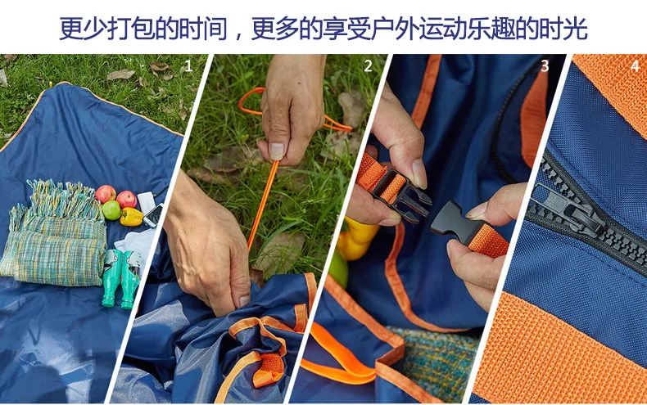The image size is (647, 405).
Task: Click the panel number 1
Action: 188,66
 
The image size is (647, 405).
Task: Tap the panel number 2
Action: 368,66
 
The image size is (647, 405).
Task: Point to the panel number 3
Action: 545,66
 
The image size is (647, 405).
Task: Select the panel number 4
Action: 636,66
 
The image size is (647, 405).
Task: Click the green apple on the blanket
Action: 111,210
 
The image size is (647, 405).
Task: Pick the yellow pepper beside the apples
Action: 131,217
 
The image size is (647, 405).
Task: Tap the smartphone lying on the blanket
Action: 152,215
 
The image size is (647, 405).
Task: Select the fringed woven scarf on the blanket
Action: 56,234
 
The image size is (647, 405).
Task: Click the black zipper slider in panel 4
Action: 565,210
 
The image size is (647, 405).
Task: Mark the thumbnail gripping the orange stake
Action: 276,151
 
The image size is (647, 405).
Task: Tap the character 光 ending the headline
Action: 576,28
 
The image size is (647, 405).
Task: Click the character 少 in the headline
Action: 95,28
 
